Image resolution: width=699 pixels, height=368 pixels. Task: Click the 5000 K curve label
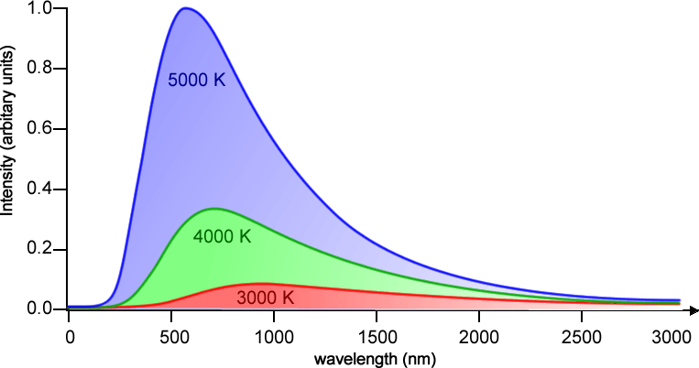196,80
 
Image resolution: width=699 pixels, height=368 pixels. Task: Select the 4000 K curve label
222,236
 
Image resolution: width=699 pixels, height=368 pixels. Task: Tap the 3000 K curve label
265,298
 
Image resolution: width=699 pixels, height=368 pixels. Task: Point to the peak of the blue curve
186,8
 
